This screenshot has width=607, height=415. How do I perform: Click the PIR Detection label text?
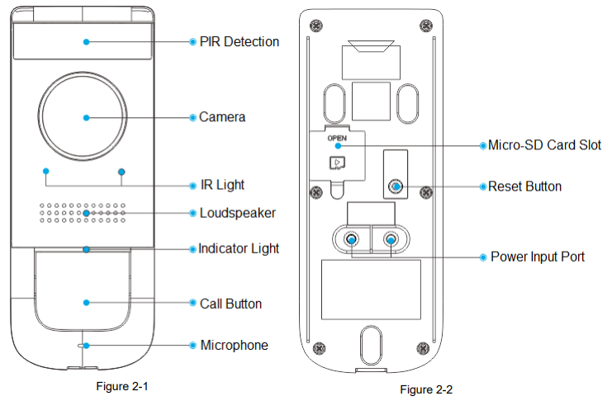pyautogui.click(x=239, y=41)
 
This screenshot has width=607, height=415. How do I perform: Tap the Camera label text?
pyautogui.click(x=222, y=117)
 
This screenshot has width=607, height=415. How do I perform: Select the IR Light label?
pyautogui.click(x=222, y=185)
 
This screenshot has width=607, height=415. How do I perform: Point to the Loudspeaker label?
pyautogui.click(x=237, y=213)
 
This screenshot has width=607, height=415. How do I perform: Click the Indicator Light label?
pyautogui.click(x=239, y=248)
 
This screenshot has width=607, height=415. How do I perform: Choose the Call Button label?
pyautogui.click(x=230, y=304)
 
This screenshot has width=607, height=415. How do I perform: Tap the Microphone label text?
pyautogui.click(x=234, y=345)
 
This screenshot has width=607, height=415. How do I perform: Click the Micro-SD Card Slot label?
pyautogui.click(x=544, y=145)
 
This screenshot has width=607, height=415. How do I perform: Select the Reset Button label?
pyautogui.click(x=524, y=186)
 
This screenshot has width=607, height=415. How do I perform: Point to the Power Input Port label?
pyautogui.click(x=538, y=257)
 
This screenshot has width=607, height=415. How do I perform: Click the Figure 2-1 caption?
pyautogui.click(x=122, y=385)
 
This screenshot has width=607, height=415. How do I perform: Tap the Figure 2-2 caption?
pyautogui.click(x=426, y=389)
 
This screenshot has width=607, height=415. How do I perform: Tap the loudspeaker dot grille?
pyautogui.click(x=83, y=213)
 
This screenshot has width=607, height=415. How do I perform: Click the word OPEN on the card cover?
pyautogui.click(x=337, y=139)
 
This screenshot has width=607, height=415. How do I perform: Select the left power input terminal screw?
pyautogui.click(x=353, y=240)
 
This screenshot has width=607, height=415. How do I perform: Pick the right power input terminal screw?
pyautogui.click(x=390, y=240)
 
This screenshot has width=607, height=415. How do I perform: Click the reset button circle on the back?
pyautogui.click(x=396, y=186)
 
